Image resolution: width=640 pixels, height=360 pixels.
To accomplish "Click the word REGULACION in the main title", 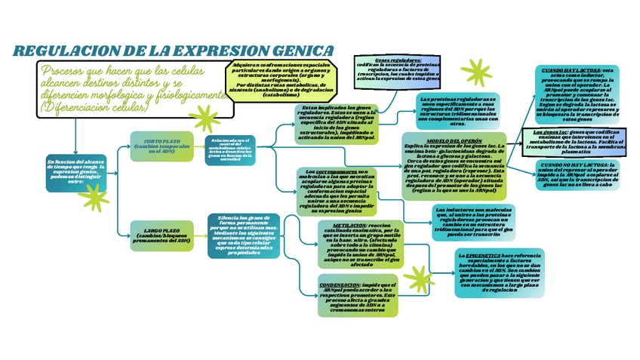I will (63, 51).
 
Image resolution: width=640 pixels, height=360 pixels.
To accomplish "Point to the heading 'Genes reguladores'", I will (398, 60).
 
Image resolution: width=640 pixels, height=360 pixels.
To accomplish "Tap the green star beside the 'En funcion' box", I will (95, 198).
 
